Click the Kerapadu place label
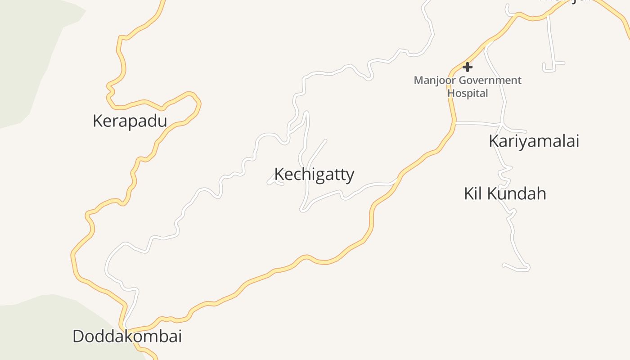coord(130,121)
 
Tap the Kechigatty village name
coord(314,175)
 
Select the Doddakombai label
coord(127,336)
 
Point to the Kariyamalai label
coord(534,141)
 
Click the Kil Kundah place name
coord(505,193)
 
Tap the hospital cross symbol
coord(468,67)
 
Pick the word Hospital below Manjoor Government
coord(468,93)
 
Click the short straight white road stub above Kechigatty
coord(317,151)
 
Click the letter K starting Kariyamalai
coord(494,141)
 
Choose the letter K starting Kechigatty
coord(279,175)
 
